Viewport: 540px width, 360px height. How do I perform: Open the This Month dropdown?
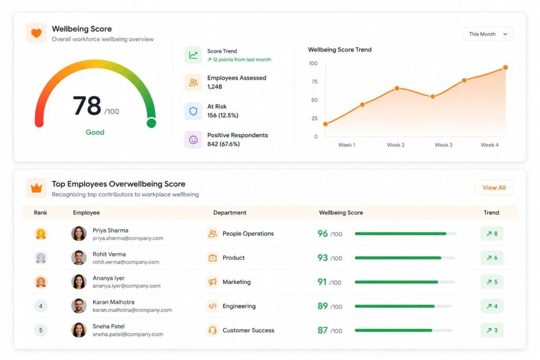point(488,34)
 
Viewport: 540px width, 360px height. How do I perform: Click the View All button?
point(494,188)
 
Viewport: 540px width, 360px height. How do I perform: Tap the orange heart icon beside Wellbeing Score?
point(36,33)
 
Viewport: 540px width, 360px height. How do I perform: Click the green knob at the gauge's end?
point(151,123)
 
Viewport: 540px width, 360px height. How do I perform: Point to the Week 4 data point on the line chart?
point(505,67)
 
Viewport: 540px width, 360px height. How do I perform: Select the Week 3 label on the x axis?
point(443,145)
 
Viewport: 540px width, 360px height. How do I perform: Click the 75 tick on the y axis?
point(314,82)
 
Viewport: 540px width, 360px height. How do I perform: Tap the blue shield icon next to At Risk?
point(193,111)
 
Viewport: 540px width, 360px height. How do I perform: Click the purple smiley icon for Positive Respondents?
point(193,139)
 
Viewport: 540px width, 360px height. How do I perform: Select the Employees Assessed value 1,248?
point(215,87)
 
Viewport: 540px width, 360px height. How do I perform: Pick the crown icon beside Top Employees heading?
point(36,188)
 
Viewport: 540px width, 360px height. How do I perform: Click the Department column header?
point(230,213)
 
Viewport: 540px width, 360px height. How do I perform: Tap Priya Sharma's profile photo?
point(79,233)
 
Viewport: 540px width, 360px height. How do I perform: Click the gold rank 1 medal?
point(41,234)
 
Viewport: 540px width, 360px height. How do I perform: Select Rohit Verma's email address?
point(126,262)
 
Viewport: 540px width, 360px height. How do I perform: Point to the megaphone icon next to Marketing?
point(213,282)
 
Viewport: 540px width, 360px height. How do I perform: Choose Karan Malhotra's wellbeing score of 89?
point(323,306)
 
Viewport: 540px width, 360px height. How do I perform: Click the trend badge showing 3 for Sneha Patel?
point(492,330)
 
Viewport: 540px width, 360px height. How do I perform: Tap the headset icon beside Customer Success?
point(213,330)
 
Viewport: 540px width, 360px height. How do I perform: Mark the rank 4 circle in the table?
point(41,306)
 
